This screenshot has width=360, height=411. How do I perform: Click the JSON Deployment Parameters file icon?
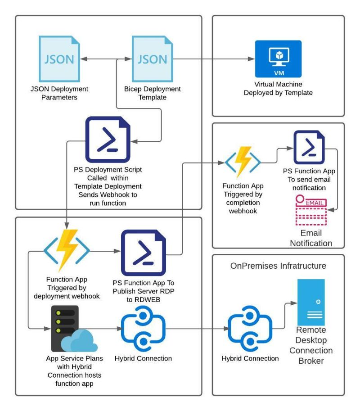coord(59,59)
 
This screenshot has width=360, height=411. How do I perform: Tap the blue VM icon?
coord(278,59)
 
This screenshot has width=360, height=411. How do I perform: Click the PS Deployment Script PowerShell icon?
coord(108,139)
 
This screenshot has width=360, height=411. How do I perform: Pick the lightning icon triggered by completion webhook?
coord(243,161)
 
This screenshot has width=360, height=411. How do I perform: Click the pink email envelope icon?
coord(310,210)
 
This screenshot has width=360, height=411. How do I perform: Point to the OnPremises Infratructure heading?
coord(278,266)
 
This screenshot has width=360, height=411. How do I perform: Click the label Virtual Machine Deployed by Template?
coord(278,89)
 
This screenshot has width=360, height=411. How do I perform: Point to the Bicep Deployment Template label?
coord(152,93)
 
